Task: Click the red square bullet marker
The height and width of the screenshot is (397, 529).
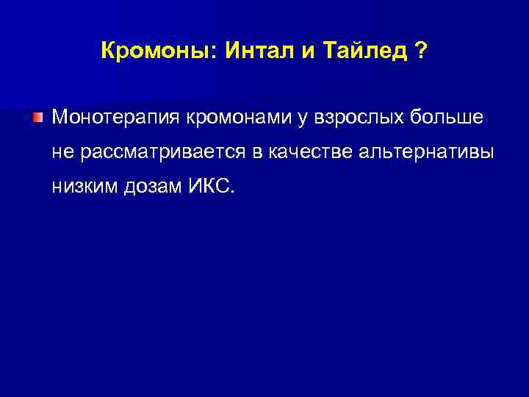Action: [37, 118]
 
